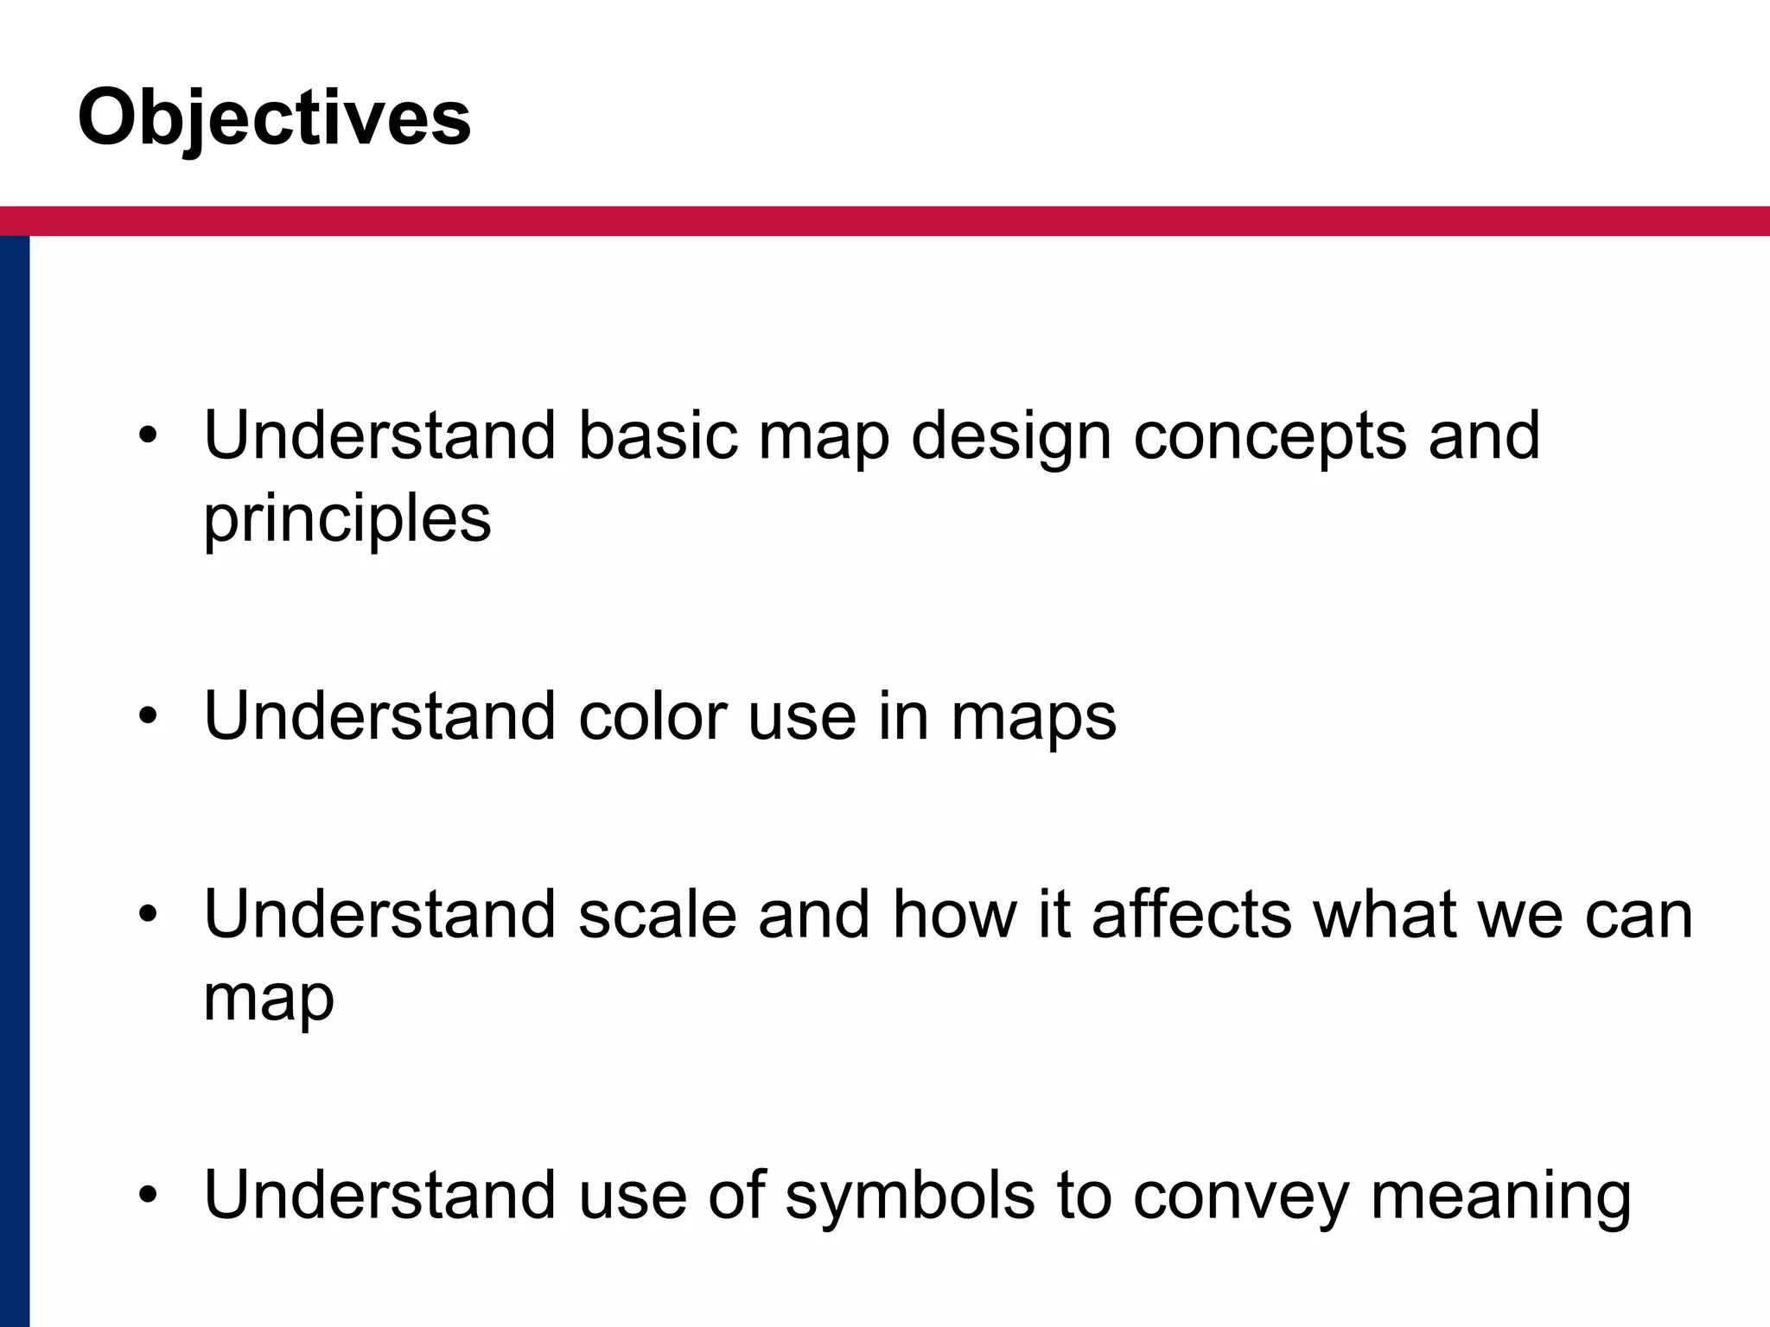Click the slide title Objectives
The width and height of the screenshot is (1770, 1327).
(x=274, y=119)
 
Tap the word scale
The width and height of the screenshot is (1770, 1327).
(x=657, y=914)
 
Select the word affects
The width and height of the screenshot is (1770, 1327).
(x=1192, y=914)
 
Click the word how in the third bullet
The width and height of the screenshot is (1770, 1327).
(x=954, y=914)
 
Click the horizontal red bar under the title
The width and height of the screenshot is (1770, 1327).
(x=885, y=221)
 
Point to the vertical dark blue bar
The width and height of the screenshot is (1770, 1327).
(x=15, y=778)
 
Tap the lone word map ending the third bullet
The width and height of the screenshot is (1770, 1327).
(x=268, y=999)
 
